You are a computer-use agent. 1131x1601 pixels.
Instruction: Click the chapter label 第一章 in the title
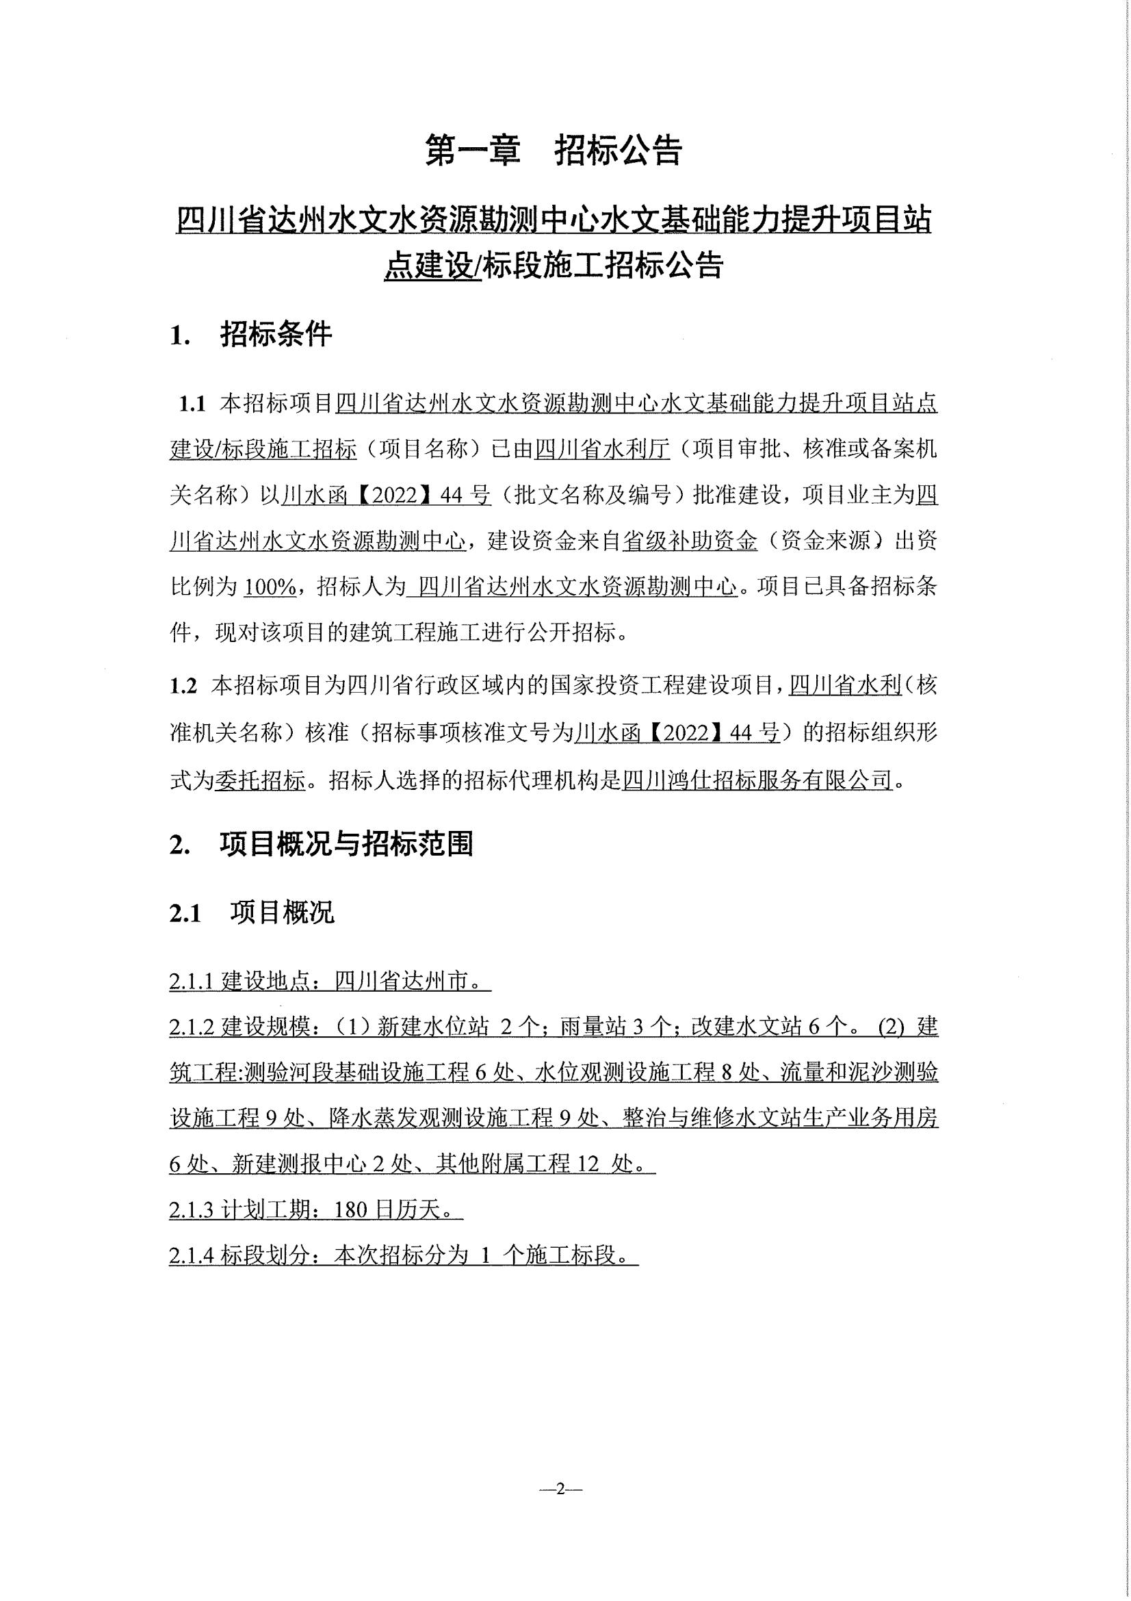tap(473, 151)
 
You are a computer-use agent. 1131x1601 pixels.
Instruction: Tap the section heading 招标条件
tap(276, 335)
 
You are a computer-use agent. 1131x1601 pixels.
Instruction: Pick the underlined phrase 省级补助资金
tap(689, 542)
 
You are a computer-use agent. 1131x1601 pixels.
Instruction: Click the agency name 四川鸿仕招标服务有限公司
tap(757, 780)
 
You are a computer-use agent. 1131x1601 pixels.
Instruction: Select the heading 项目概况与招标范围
tap(346, 845)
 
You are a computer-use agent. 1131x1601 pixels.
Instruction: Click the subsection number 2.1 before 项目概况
tap(185, 914)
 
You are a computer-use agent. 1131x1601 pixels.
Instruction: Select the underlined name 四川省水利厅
tap(602, 450)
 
